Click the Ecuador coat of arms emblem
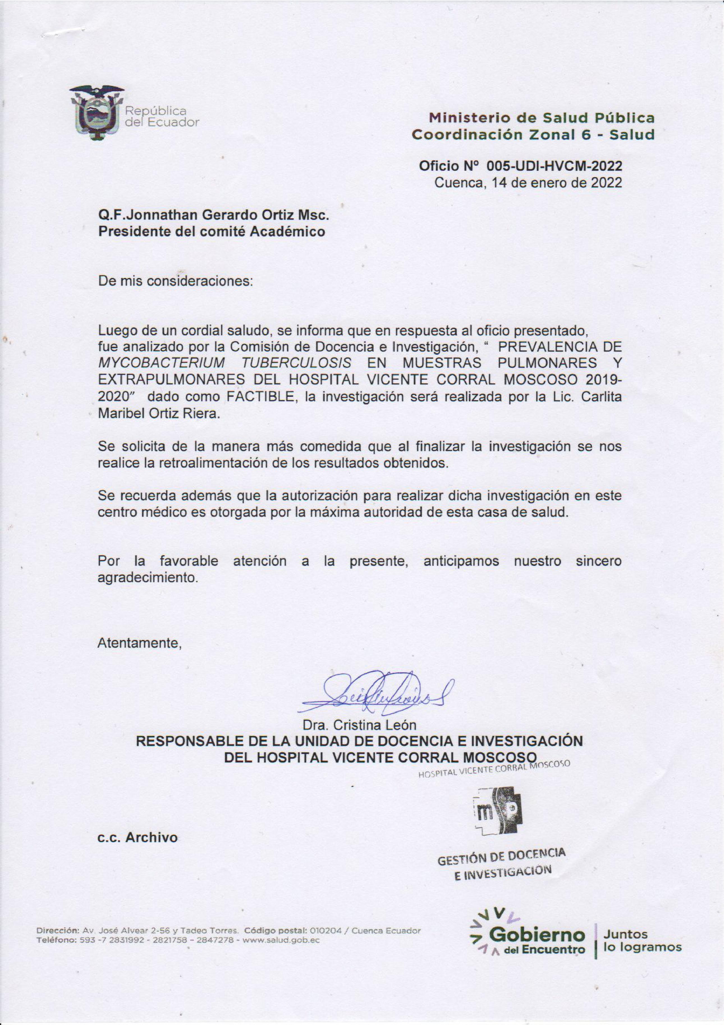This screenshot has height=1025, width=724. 96,113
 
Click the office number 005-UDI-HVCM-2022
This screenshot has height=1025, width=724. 554,166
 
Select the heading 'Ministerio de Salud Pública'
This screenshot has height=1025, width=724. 542,118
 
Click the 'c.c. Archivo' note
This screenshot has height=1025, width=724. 138,837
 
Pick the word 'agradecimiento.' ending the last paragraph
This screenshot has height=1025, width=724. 148,577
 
